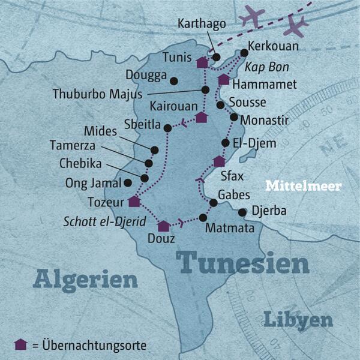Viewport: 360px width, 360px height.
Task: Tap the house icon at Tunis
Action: click(x=202, y=62)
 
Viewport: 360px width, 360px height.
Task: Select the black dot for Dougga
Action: click(x=174, y=80)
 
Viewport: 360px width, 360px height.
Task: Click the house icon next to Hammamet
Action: click(x=224, y=79)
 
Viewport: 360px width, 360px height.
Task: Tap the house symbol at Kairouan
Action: click(x=202, y=117)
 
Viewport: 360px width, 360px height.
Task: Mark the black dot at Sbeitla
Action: click(x=168, y=128)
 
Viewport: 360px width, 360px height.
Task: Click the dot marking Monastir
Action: click(x=234, y=118)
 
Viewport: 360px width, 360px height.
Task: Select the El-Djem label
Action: click(x=254, y=143)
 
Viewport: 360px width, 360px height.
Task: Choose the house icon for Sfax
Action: click(x=220, y=161)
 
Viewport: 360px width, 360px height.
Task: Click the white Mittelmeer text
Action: click(x=304, y=186)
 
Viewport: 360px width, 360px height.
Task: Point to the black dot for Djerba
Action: click(x=242, y=212)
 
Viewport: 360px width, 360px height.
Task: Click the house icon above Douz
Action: click(x=163, y=226)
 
